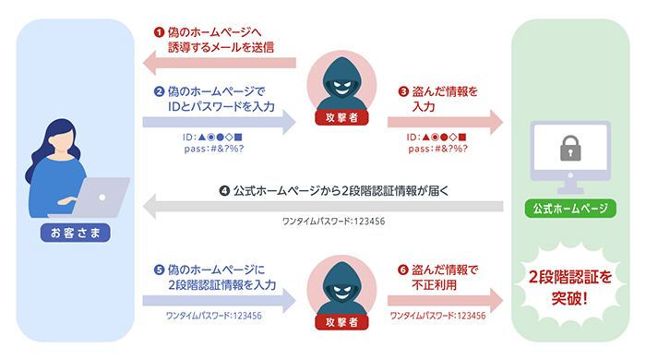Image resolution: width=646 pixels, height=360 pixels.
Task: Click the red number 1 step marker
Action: click(158, 31)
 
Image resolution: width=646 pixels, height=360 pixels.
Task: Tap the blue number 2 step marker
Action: click(158, 91)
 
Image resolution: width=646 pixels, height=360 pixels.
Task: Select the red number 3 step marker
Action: click(402, 91)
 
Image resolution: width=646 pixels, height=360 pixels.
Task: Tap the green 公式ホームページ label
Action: click(569, 209)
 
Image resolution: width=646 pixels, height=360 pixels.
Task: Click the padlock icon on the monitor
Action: click(569, 147)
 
